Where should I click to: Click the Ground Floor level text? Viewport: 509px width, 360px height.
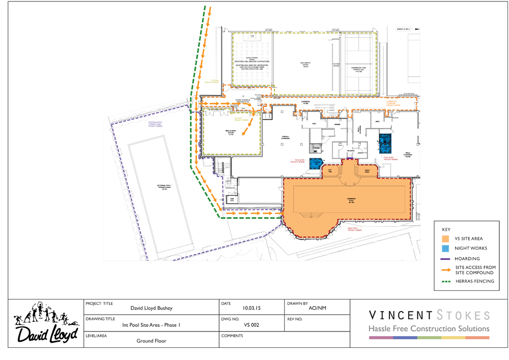pos(152,341)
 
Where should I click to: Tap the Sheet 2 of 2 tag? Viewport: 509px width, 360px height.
pos(403,30)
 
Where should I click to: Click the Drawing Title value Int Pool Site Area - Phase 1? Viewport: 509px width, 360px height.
pos(151,324)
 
